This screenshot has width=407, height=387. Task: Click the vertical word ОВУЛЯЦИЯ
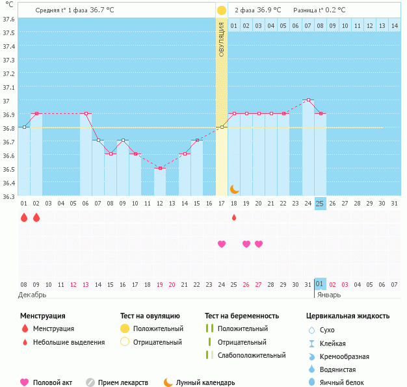(x=222, y=39)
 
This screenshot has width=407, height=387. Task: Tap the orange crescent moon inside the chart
(x=234, y=189)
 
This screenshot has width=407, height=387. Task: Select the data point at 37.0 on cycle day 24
(x=308, y=100)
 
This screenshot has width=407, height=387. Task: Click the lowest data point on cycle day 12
(x=160, y=168)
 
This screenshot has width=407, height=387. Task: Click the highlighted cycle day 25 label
(x=320, y=204)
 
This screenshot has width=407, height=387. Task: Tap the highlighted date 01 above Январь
(x=320, y=284)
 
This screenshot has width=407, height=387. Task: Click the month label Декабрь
(x=33, y=295)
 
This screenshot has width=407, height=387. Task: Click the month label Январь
(x=328, y=295)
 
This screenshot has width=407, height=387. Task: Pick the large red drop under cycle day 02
(x=36, y=217)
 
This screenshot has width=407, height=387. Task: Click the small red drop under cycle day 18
(x=234, y=217)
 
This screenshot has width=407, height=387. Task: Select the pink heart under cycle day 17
(x=222, y=244)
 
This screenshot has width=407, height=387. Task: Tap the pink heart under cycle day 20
(x=259, y=244)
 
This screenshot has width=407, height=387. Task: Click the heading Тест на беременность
(x=242, y=316)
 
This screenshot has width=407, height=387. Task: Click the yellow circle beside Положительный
(x=124, y=329)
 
